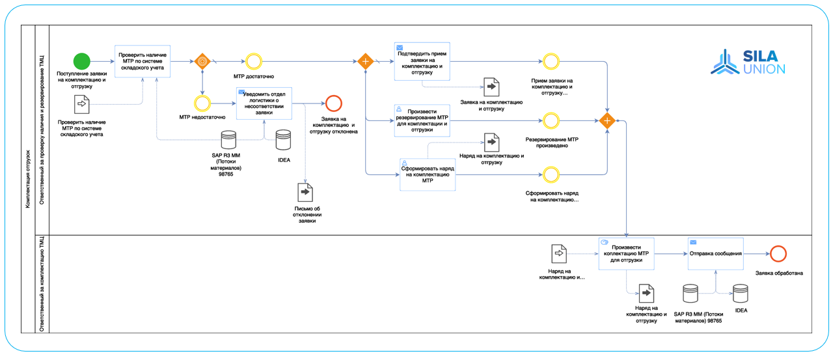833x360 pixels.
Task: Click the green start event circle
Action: [x=81, y=62]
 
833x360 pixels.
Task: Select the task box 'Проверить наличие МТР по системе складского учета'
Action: [x=143, y=62]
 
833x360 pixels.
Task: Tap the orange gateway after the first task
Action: [x=202, y=62]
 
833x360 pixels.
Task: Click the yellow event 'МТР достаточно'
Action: [x=253, y=62]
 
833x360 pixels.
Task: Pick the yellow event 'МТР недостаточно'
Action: [x=202, y=103]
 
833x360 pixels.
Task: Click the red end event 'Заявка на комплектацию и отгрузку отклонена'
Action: [x=334, y=103]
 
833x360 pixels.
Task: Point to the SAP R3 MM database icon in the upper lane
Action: [x=228, y=139]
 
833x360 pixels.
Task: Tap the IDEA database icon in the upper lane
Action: [x=283, y=139]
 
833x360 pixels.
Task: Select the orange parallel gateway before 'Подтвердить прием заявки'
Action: [x=366, y=62]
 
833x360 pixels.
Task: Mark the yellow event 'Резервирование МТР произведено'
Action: [x=551, y=120]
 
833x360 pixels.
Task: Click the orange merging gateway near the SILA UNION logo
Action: [x=607, y=120]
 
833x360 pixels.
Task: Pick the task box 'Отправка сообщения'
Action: [x=715, y=254]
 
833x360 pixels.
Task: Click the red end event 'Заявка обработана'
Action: [x=778, y=254]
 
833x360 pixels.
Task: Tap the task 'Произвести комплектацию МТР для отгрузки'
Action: [x=626, y=254]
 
